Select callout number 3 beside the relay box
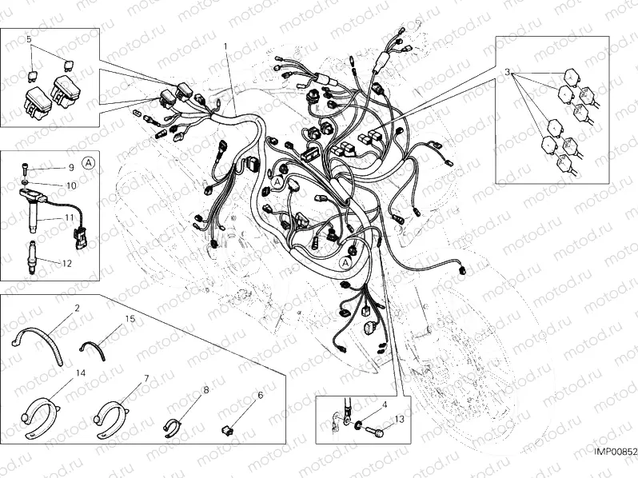[507, 73]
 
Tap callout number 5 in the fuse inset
[29, 38]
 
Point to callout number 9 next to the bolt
[70, 168]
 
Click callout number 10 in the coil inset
[70, 185]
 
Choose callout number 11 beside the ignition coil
[69, 217]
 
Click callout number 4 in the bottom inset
[385, 405]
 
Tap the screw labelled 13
[373, 432]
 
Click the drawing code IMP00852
[613, 452]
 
